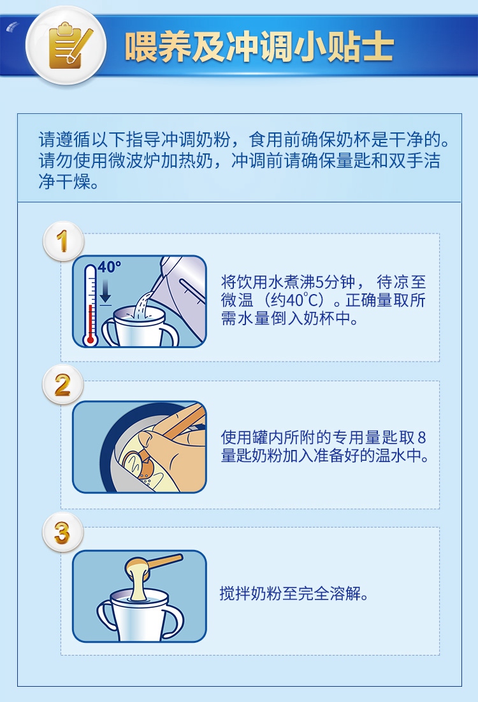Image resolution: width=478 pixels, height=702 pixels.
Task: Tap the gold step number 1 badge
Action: [62, 241]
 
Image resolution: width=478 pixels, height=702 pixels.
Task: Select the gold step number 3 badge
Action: [62, 533]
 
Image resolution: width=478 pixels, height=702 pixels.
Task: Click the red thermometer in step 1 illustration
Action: [90, 305]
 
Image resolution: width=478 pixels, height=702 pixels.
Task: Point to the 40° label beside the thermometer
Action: [109, 267]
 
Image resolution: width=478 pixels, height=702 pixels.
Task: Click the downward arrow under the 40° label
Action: [105, 293]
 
